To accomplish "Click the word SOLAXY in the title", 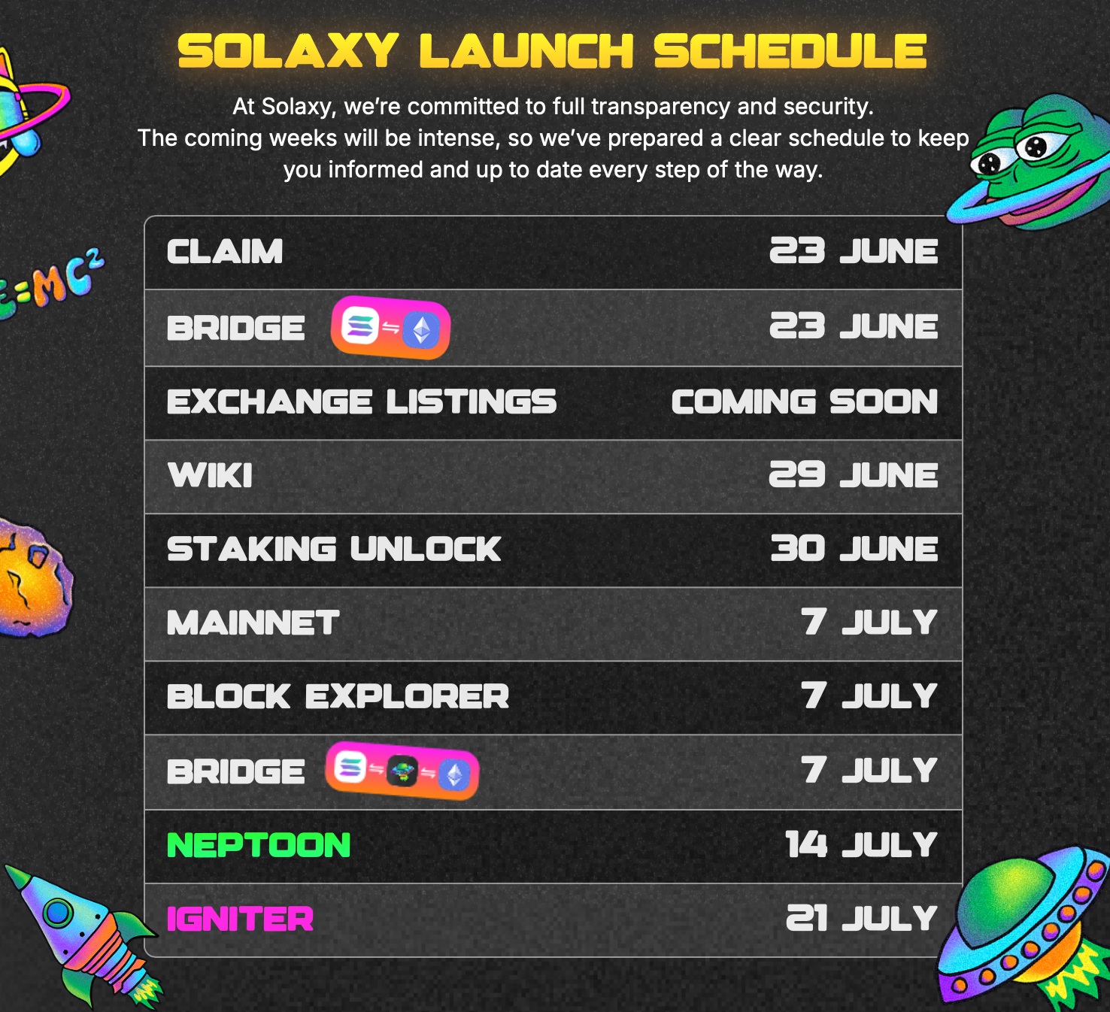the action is [288, 51].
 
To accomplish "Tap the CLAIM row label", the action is [225, 252].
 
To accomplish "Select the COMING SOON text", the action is [805, 401].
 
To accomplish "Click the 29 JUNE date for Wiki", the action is [854, 474].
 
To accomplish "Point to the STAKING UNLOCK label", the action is [334, 549].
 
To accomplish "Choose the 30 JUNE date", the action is [854, 549].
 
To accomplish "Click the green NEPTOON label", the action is [259, 845].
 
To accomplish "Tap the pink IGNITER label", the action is [240, 919].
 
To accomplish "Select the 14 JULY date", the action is [861, 845].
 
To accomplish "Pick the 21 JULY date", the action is [862, 919].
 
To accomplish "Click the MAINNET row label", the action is [253, 623].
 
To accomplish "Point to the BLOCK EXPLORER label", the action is [338, 696].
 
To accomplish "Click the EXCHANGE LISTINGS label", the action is [362, 401].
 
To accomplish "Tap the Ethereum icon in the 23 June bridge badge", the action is [421, 330].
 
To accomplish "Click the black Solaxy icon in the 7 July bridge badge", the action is [402, 771].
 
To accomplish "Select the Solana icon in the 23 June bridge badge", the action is [359, 326].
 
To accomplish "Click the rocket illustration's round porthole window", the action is [58, 911].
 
